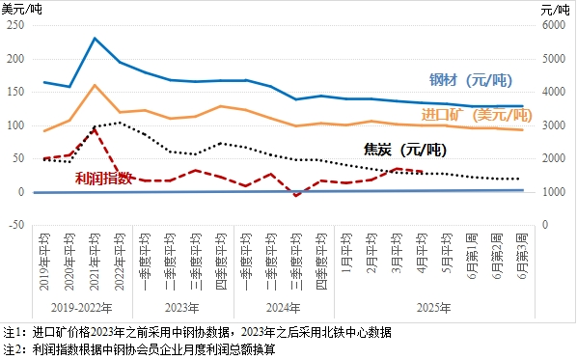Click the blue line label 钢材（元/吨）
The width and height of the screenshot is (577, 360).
(474, 80)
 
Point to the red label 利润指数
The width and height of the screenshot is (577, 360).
(103, 178)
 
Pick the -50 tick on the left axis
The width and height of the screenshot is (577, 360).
(16, 225)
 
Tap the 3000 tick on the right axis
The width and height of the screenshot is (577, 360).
(551, 125)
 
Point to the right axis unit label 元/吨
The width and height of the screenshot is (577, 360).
(556, 8)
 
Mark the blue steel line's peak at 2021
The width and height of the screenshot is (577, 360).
(95, 39)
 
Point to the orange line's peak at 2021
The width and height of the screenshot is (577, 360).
(95, 85)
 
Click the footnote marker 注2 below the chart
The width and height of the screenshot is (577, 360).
(13, 347)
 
